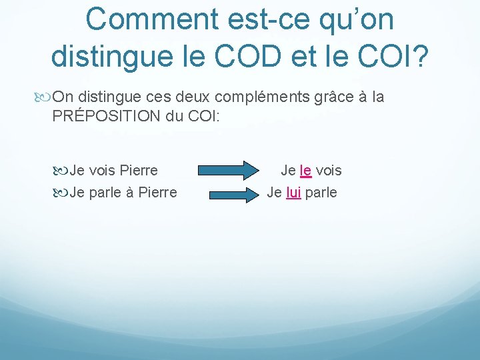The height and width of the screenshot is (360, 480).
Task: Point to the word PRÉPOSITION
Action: (x=105, y=115)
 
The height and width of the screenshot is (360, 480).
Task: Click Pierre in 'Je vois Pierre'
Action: (x=138, y=170)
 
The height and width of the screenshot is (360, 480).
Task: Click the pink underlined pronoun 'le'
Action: (x=306, y=170)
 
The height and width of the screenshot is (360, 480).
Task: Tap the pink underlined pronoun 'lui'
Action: (x=293, y=193)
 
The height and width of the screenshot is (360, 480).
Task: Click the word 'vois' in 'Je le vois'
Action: (x=329, y=170)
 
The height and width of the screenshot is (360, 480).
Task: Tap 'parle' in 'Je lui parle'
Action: (x=321, y=193)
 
